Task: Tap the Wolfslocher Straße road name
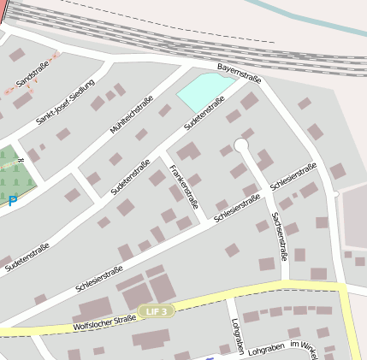click(x=104, y=324)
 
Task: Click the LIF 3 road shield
click(x=157, y=311)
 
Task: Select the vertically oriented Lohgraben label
click(x=237, y=336)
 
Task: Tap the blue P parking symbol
click(x=12, y=202)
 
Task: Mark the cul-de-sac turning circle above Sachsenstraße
click(x=241, y=146)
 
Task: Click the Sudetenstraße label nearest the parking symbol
click(x=27, y=257)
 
